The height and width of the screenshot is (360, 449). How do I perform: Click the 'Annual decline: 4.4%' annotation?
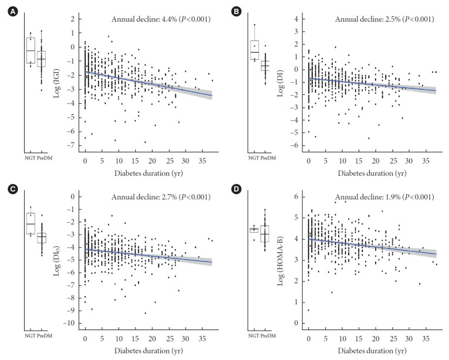[161, 19]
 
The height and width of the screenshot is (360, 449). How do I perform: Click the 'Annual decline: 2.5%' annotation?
[384, 19]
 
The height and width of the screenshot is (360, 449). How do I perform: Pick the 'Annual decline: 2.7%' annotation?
[161, 196]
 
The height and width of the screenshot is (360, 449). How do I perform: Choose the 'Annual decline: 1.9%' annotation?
[384, 196]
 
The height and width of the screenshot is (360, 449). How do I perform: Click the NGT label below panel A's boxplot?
[31, 158]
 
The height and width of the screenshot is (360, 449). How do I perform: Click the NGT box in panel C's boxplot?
[31, 223]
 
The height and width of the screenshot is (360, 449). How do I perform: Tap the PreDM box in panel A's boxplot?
[42, 59]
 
